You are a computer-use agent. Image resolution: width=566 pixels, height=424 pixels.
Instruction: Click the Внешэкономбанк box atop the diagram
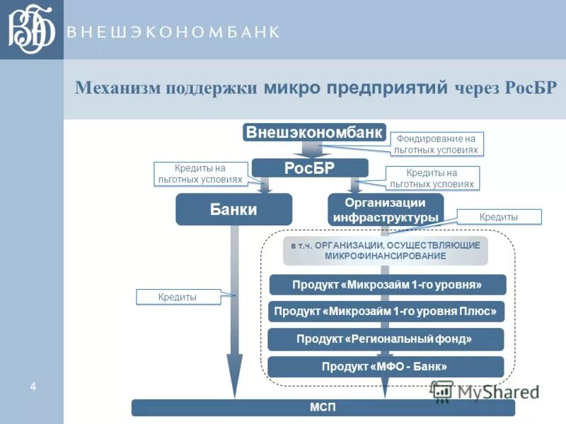point(315,132)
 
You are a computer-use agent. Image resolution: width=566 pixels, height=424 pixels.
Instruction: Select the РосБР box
point(310,168)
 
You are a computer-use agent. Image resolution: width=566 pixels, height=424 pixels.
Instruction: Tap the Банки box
point(233,209)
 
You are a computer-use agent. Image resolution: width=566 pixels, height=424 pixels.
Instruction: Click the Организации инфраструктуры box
point(386,210)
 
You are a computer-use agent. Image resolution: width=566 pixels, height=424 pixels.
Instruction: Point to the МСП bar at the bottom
point(323,408)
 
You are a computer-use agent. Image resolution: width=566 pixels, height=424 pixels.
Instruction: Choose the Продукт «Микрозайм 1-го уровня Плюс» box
point(386,312)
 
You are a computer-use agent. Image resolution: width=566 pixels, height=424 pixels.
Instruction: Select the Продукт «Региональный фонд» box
point(386,339)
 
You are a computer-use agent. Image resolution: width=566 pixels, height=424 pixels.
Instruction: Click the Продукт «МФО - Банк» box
point(386,367)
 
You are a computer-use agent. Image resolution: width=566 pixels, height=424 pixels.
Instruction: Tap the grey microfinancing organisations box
point(386,250)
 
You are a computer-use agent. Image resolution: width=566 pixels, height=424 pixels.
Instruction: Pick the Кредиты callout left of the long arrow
point(178,298)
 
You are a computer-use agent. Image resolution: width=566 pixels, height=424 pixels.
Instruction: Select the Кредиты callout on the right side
point(499,217)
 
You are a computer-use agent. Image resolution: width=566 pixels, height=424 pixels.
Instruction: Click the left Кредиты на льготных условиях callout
point(200,174)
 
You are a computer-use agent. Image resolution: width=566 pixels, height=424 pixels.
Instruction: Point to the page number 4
point(33,386)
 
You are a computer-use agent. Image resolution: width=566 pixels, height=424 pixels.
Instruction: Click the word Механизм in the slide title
point(117,88)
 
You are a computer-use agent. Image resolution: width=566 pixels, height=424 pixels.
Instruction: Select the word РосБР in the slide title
point(531,88)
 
